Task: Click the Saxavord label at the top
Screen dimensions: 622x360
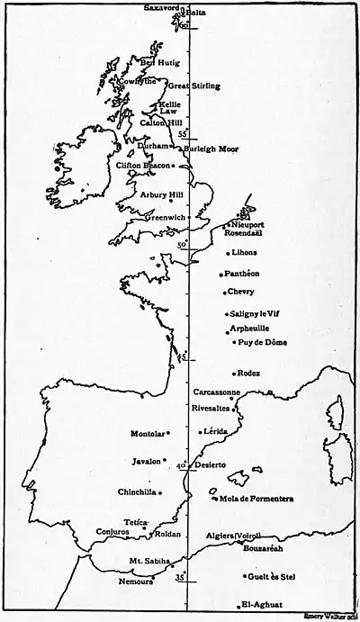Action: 163,7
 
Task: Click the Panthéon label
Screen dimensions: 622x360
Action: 244,273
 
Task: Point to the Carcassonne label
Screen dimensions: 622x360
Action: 217,392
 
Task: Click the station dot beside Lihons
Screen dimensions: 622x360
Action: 228,253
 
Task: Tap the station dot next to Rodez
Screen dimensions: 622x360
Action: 234,374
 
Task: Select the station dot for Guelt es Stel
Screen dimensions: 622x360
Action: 244,576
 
